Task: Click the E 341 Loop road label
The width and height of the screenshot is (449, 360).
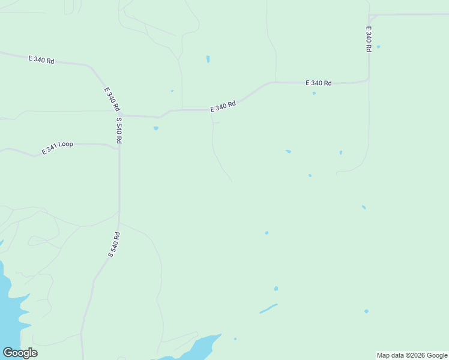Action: [58, 148]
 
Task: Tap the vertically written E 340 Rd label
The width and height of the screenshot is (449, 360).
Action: [369, 38]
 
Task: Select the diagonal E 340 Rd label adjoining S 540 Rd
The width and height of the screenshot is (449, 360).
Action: [112, 99]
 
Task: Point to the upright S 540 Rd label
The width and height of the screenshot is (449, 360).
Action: [119, 130]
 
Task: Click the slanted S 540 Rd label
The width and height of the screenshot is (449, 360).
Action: [114, 244]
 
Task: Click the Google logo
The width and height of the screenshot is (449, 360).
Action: [20, 353]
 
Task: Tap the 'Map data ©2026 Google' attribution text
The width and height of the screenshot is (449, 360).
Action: [412, 355]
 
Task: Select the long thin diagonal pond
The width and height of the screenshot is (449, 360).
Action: [268, 308]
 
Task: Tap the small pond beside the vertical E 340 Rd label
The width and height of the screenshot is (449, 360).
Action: [378, 46]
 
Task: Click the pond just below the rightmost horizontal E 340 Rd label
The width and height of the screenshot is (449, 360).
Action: [314, 93]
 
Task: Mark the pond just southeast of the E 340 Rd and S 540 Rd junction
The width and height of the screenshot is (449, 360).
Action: [156, 128]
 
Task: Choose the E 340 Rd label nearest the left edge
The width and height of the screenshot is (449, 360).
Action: [41, 59]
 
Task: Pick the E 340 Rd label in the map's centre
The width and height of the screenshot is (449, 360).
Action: [223, 106]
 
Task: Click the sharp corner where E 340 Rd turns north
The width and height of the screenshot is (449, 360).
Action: [368, 79]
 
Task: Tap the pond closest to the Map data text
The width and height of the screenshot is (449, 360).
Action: [366, 311]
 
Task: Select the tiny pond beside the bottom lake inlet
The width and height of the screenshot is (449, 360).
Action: [235, 339]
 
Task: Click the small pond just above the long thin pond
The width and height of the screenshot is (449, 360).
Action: [276, 289]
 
